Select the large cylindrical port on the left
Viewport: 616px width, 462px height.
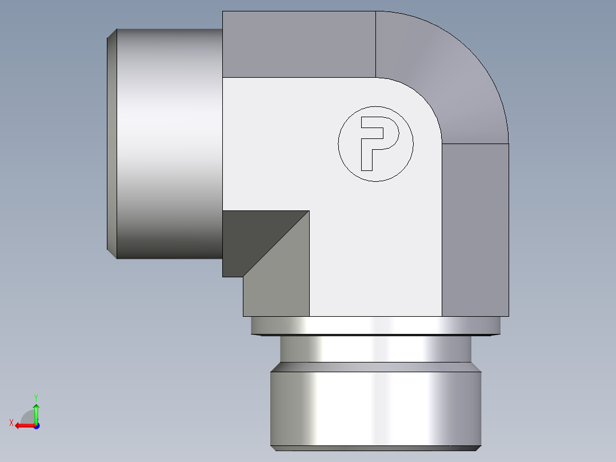pos(169,143)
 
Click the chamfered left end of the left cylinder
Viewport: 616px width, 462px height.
pos(112,143)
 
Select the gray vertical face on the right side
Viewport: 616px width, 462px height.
pos(475,229)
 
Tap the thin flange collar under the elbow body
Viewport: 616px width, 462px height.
pos(375,325)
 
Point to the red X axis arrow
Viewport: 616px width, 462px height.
pos(23,425)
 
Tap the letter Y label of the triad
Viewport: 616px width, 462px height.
pos(36,397)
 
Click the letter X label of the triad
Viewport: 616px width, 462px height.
pos(11,423)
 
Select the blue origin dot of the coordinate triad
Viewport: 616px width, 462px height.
pos(36,425)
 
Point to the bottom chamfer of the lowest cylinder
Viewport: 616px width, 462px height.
pos(375,448)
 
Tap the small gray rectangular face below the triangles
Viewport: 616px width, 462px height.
pos(276,303)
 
